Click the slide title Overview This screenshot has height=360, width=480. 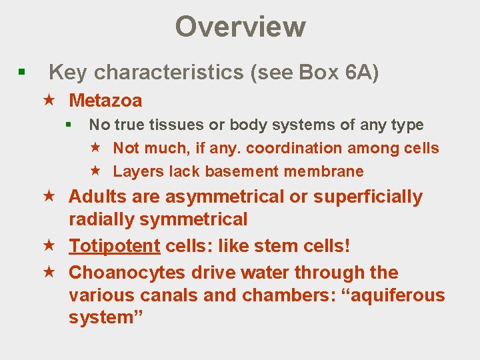pyautogui.click(x=240, y=27)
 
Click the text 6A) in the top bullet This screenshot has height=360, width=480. pyautogui.click(x=362, y=72)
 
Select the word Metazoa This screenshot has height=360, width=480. pyautogui.click(x=105, y=101)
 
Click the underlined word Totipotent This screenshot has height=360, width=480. pyautogui.click(x=114, y=245)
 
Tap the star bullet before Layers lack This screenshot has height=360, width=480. pyautogui.click(x=95, y=171)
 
